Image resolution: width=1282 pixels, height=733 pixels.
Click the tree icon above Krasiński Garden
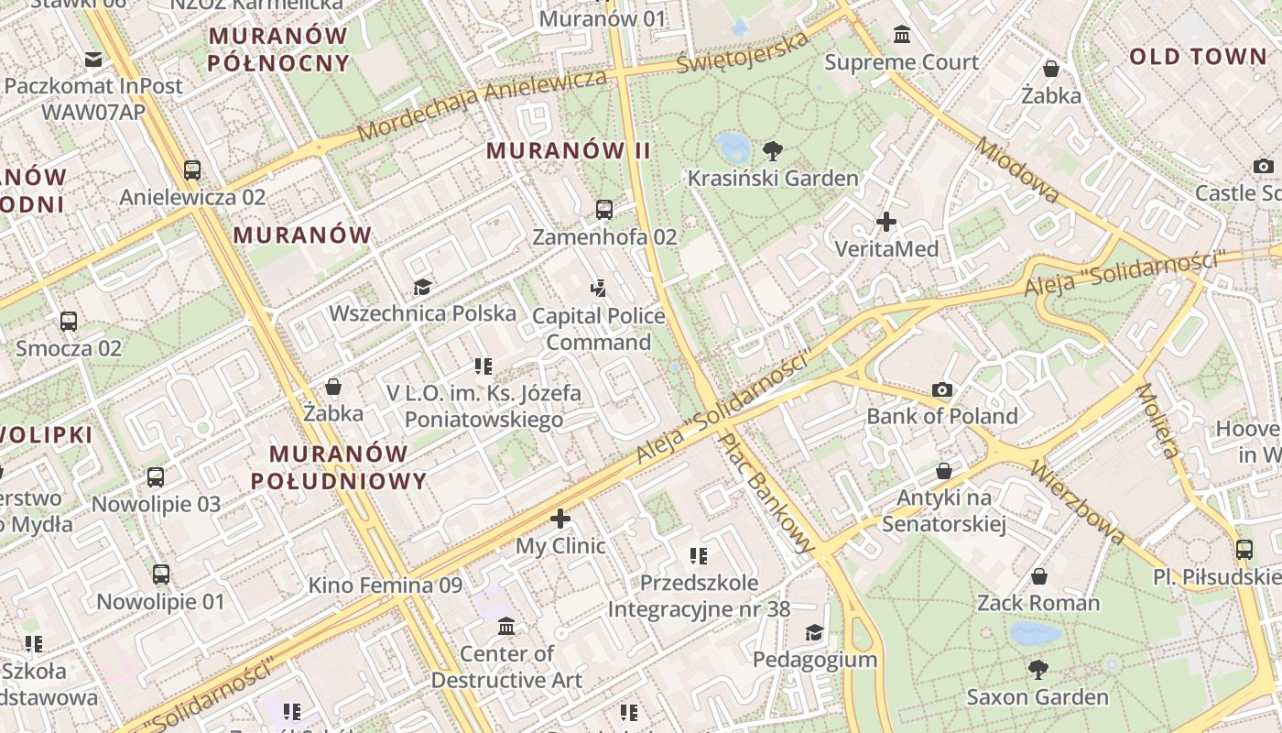[x=773, y=150]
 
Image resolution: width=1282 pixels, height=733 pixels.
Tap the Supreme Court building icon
[x=902, y=36]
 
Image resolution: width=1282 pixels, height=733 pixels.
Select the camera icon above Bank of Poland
[x=942, y=390]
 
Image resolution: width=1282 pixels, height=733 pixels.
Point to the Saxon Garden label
[x=1038, y=696]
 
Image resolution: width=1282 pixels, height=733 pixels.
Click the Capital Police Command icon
[x=599, y=290]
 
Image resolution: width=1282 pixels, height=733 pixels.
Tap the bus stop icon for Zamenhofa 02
[x=604, y=210]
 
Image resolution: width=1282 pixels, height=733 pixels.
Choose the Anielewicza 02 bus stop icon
[x=192, y=170]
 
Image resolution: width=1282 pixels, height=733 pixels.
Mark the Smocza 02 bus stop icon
[x=69, y=322]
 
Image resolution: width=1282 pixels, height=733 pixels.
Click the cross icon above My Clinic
[x=560, y=520]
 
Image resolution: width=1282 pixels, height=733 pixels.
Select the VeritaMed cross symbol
[x=886, y=222]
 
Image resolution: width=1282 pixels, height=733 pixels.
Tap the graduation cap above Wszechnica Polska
[x=422, y=288]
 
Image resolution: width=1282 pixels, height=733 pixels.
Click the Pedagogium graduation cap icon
[x=814, y=633]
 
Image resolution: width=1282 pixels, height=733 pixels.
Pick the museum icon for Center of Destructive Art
[x=506, y=627]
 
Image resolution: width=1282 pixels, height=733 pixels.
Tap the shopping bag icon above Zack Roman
[x=1038, y=576]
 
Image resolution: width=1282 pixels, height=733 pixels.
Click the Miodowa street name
[x=1017, y=170]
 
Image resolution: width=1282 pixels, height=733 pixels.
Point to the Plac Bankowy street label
[x=767, y=493]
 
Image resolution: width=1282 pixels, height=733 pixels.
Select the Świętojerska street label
[x=744, y=52]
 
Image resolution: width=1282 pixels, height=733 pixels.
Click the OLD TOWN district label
[x=1197, y=57]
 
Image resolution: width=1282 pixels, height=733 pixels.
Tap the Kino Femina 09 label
[x=385, y=585]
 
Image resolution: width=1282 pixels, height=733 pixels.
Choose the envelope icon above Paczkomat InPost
[x=93, y=60]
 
